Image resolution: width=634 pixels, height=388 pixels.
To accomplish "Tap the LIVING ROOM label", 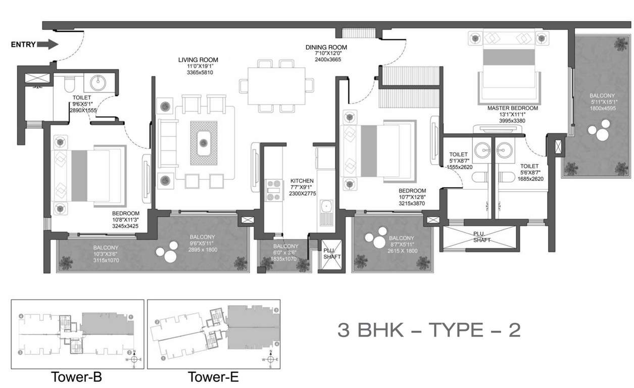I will [x=198, y=60].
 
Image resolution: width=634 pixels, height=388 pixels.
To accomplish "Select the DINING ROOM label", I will [x=326, y=47].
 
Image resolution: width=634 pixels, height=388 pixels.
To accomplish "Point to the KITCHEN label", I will [x=302, y=181].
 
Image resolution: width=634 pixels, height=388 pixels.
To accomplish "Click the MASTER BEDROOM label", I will [x=512, y=108].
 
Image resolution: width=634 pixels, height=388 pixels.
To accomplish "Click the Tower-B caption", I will [x=77, y=376].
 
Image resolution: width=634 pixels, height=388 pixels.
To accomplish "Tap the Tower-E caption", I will [x=213, y=376].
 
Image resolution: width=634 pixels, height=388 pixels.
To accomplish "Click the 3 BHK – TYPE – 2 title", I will [x=428, y=330].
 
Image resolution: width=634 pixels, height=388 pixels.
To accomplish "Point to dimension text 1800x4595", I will [x=601, y=108].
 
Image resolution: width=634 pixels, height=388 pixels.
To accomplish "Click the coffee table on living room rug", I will [x=204, y=142].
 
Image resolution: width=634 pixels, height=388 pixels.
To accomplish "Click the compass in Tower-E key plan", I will [x=271, y=359].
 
